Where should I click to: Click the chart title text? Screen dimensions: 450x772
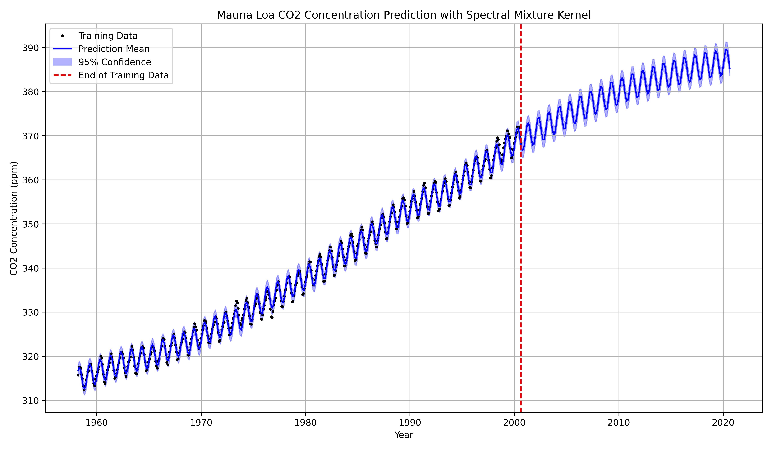point(404,15)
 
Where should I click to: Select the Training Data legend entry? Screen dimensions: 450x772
point(108,36)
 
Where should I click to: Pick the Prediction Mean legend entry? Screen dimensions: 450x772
point(114,49)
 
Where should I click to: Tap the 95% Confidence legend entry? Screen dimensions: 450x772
point(115,62)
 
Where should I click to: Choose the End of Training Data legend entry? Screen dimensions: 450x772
point(124,75)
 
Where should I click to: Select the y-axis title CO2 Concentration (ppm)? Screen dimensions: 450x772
point(14,218)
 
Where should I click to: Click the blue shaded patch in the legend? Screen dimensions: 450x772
point(63,62)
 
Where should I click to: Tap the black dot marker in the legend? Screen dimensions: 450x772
point(63,36)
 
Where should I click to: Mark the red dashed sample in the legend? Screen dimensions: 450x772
point(63,75)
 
